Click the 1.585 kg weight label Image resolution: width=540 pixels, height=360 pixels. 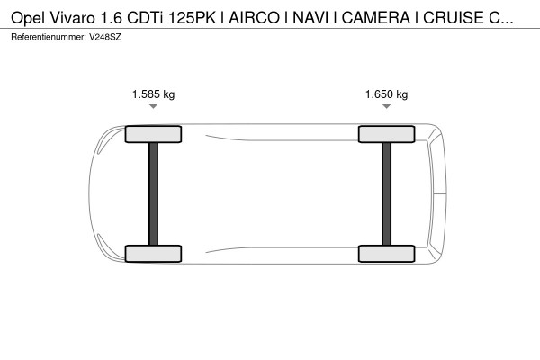pos(153,94)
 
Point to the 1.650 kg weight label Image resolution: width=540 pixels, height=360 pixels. pos(386,94)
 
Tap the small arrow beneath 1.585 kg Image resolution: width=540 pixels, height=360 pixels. pos(153,107)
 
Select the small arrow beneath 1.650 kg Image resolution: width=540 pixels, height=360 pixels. pos(386,107)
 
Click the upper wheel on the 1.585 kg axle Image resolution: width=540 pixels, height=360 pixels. pos(153,135)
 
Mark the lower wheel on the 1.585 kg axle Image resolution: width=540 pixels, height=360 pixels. pos(153,254)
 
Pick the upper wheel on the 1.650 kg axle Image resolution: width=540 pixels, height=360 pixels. pos(386,135)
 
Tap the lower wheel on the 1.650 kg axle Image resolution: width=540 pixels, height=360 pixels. pos(386,254)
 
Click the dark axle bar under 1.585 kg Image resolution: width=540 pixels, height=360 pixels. pos(153,193)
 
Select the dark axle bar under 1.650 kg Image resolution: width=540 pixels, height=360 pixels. pos(386,193)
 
